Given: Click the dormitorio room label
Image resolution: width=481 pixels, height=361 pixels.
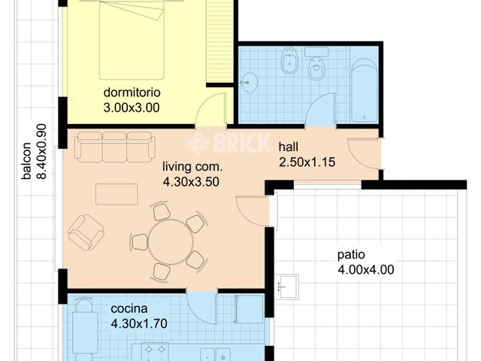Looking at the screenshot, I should [x=132, y=93].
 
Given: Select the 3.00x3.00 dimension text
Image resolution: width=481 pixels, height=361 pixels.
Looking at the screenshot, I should [x=132, y=108].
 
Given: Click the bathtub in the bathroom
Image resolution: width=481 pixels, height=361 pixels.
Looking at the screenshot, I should [x=365, y=90].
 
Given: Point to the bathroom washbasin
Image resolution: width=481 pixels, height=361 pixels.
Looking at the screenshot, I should [x=248, y=82].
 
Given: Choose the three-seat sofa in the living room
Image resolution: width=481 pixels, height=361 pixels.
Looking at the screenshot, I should [x=114, y=146].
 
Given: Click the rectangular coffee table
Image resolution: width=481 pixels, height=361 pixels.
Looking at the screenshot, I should [x=116, y=194].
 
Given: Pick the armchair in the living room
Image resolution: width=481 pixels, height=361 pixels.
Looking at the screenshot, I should [x=86, y=232].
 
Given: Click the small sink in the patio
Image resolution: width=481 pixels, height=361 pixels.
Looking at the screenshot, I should [x=287, y=287].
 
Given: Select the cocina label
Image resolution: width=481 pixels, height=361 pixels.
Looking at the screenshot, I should [x=130, y=309].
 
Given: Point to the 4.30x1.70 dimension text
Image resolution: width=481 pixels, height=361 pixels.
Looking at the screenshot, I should [x=138, y=324].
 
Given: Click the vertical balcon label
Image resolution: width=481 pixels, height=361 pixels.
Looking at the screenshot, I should [x=26, y=162].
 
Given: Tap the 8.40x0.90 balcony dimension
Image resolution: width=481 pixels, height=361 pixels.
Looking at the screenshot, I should [x=41, y=150].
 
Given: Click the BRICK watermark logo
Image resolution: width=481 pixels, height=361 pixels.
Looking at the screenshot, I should [x=222, y=143].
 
